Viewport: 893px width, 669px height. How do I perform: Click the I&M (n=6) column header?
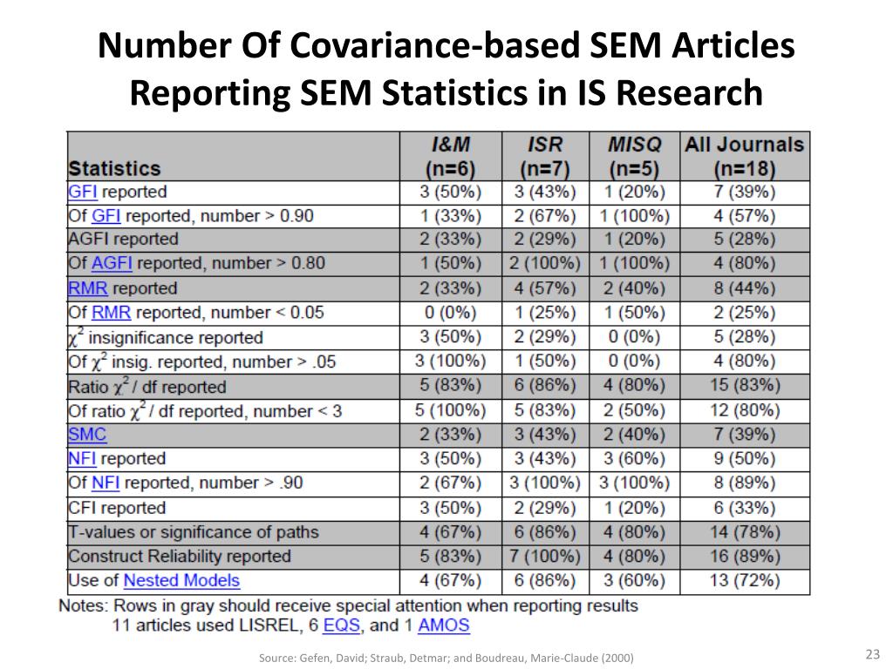click(x=450, y=156)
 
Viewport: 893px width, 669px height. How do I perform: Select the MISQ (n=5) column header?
click(x=634, y=156)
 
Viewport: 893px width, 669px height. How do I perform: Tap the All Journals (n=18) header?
click(x=745, y=156)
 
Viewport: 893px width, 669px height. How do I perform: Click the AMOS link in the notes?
click(x=443, y=625)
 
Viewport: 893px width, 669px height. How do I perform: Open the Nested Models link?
click(x=181, y=580)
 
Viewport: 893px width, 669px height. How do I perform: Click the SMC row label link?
click(x=87, y=434)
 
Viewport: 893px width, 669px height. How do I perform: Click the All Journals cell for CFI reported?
click(x=745, y=508)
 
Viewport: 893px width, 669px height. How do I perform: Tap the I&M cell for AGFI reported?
click(x=450, y=240)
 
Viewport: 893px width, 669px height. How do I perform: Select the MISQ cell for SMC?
click(x=634, y=434)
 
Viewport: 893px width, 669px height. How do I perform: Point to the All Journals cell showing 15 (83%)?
click(x=745, y=385)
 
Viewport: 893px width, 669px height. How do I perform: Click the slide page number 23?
click(x=872, y=655)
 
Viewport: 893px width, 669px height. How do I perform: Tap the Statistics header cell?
click(x=115, y=168)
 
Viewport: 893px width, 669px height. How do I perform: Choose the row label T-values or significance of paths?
click(x=194, y=531)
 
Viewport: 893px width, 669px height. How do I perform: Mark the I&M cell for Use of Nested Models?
click(x=450, y=580)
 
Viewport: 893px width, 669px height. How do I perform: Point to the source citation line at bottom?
click(x=446, y=658)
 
